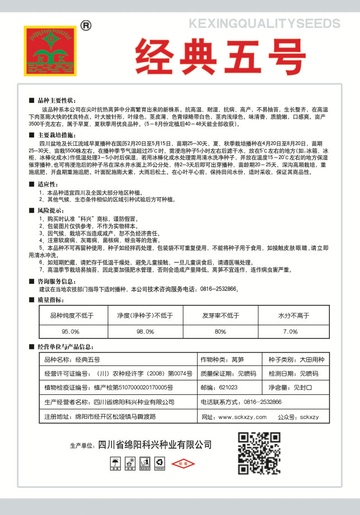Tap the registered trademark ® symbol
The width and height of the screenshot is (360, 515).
pyautogui.click(x=85, y=25)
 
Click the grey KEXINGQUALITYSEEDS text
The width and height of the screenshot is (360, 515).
pyautogui.click(x=264, y=23)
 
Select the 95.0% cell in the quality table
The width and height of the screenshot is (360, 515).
pyautogui.click(x=71, y=332)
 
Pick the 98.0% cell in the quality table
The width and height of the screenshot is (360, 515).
pyautogui.click(x=145, y=332)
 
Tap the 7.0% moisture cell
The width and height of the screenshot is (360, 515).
pyautogui.click(x=290, y=332)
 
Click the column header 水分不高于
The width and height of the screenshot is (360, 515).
pyautogui.click(x=290, y=316)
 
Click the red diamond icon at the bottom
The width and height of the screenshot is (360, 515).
pyautogui.click(x=180, y=463)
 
